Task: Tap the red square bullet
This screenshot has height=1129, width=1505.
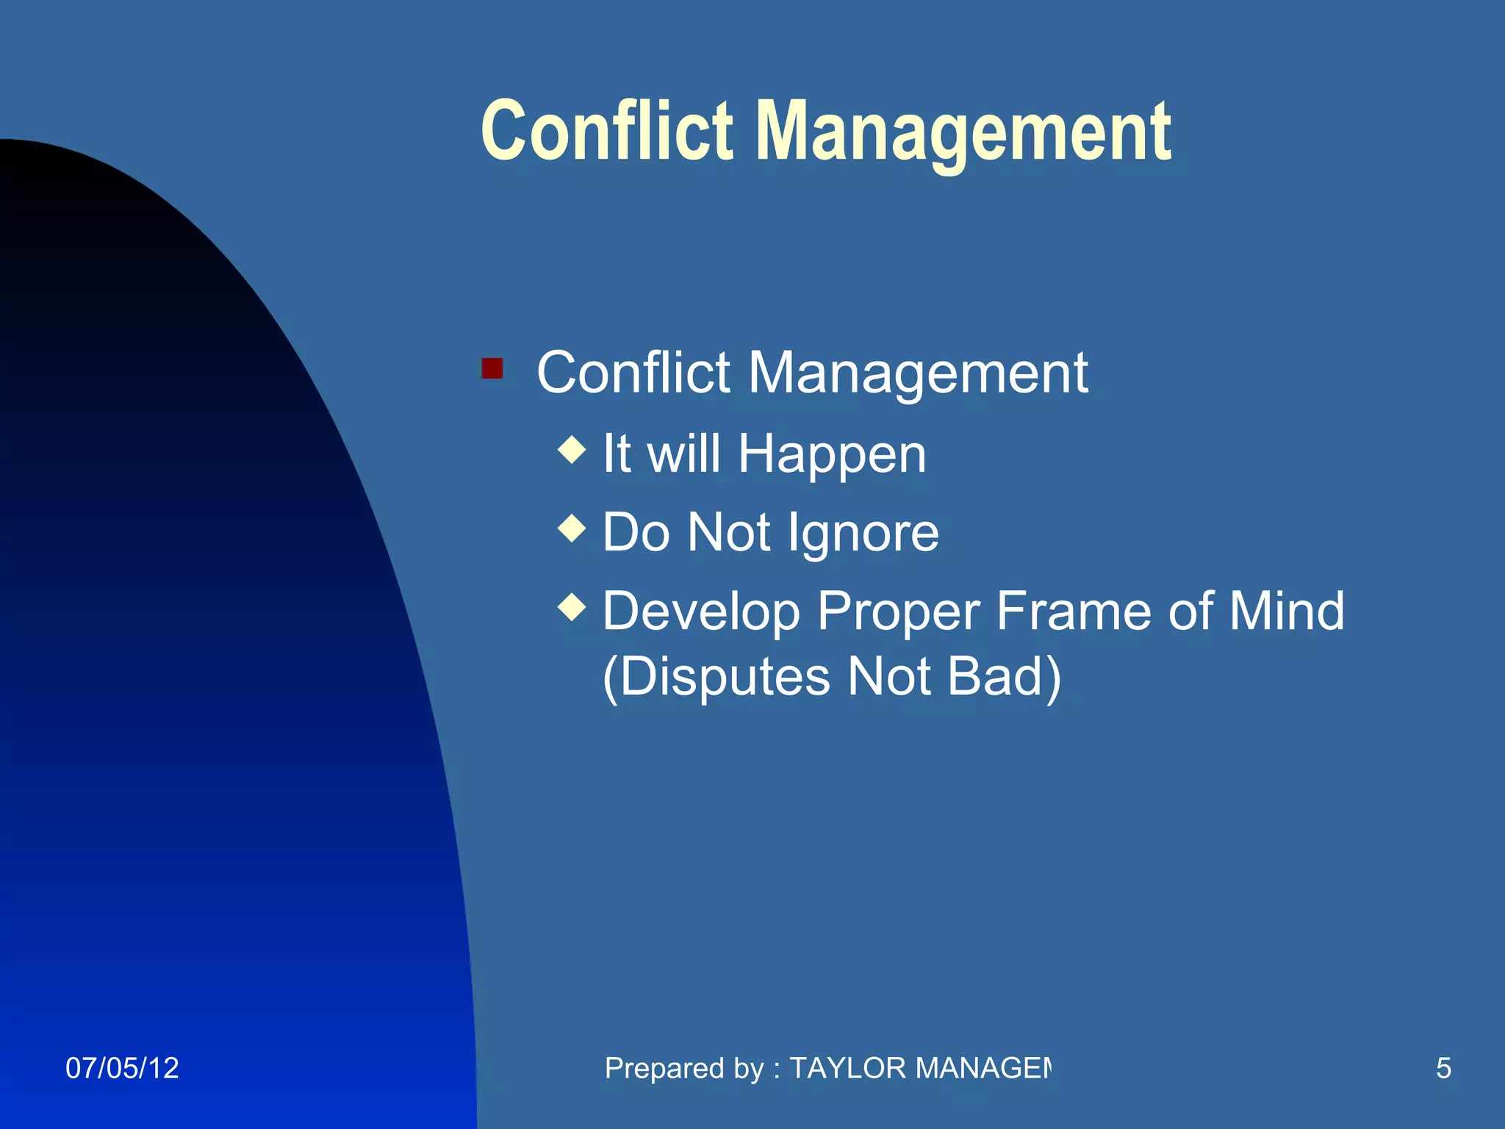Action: (492, 368)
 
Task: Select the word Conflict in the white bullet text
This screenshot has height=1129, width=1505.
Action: (633, 372)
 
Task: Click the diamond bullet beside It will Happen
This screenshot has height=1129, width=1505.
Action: (572, 450)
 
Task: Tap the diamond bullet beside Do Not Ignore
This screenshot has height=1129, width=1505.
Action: (572, 528)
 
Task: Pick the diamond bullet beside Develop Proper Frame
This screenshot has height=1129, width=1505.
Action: (572, 607)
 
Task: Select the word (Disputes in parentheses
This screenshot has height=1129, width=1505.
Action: (716, 676)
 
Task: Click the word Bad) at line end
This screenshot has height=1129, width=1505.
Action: (1004, 676)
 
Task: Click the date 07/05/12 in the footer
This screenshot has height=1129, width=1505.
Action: (122, 1068)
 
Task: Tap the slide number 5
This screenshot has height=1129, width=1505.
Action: (1443, 1068)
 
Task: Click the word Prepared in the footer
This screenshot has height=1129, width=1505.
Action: (662, 1068)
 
